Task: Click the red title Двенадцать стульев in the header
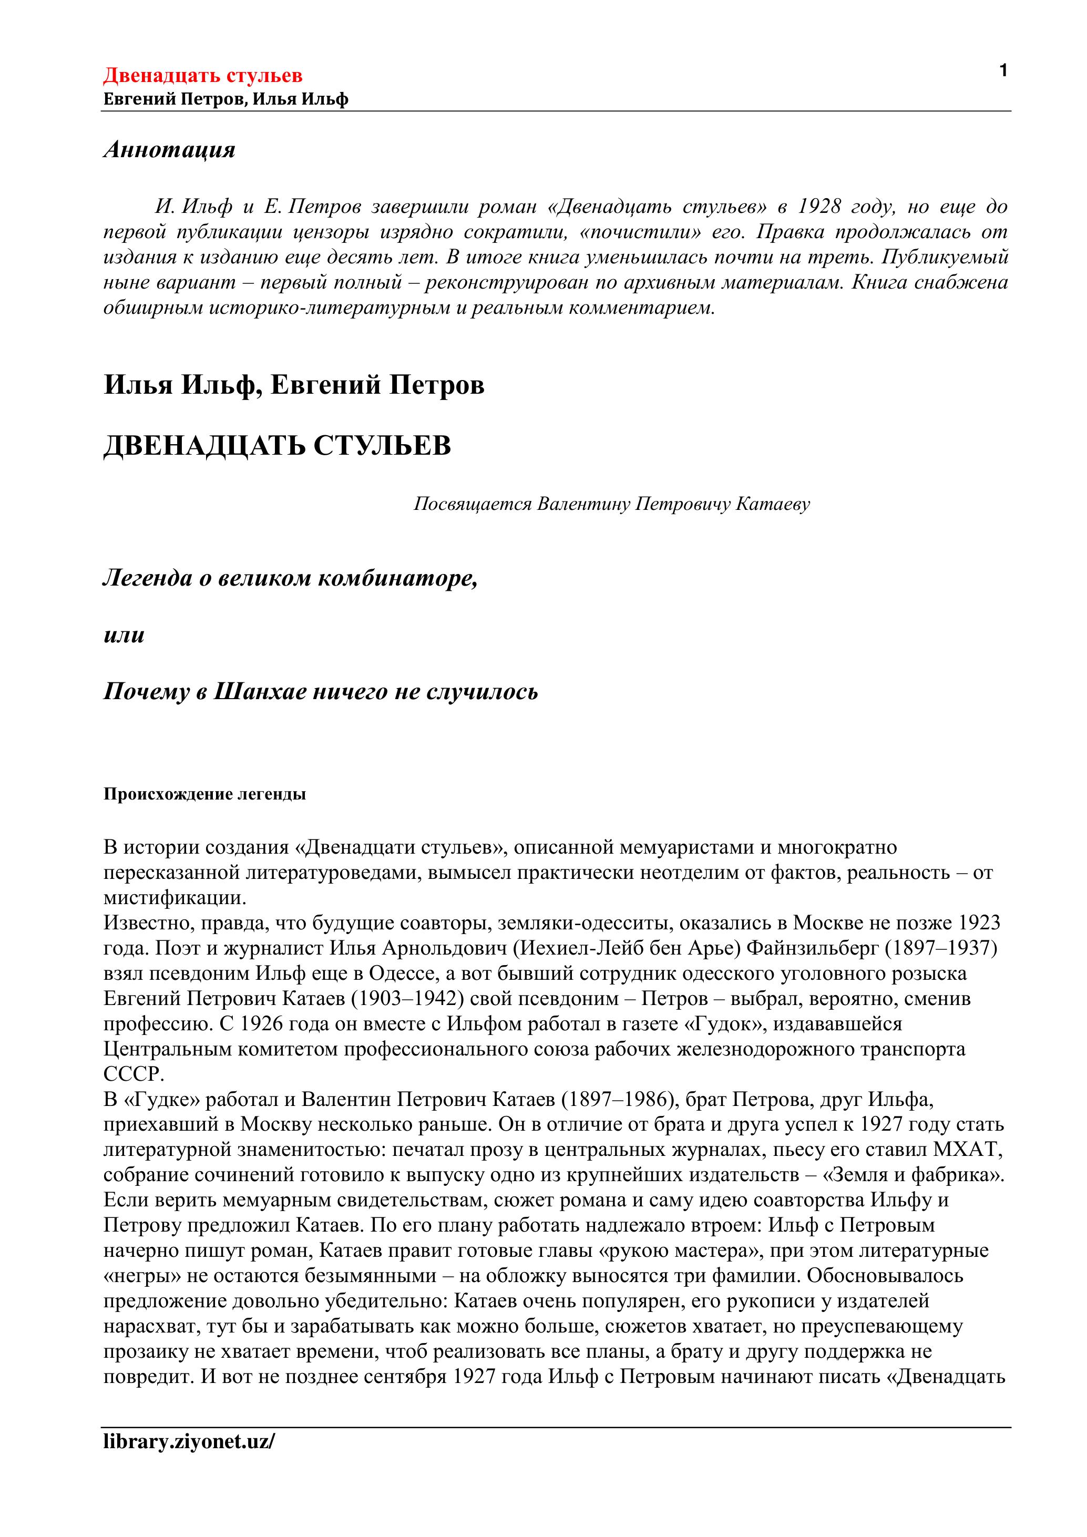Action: tap(202, 75)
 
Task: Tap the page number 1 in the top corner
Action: tap(1003, 70)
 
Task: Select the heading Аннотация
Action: tap(169, 149)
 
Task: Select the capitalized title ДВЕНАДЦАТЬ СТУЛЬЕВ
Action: tap(277, 446)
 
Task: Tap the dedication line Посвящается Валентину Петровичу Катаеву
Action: tap(611, 504)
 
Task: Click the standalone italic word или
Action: tap(124, 634)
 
